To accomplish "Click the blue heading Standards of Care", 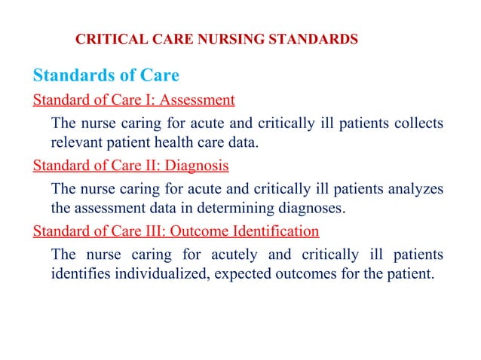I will click(x=106, y=76).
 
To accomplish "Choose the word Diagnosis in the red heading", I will click(x=198, y=163).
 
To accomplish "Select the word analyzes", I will click(x=415, y=188).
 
